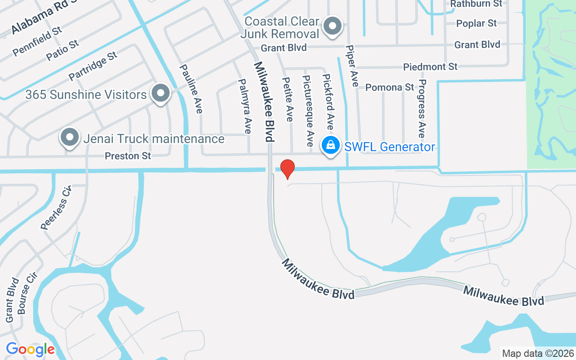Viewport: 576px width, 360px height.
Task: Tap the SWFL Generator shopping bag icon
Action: (331, 145)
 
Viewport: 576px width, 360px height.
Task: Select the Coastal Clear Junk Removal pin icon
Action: (333, 26)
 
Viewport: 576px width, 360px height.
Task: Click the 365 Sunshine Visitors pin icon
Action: (160, 94)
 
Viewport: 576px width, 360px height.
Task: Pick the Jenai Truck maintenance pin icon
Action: (70, 137)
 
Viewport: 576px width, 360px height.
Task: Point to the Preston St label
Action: (128, 156)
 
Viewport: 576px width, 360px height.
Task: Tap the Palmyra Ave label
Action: (244, 106)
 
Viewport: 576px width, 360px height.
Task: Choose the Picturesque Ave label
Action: (308, 111)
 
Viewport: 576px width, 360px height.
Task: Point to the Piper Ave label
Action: (352, 66)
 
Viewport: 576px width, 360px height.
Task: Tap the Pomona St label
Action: (389, 87)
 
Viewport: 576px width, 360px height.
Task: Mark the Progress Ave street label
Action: (421, 108)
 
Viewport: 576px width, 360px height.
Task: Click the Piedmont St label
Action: (430, 67)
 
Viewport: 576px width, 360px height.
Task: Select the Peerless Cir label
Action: (56, 207)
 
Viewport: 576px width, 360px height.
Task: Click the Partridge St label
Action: (93, 66)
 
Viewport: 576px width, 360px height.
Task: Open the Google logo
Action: (30, 349)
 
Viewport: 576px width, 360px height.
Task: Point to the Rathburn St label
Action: (476, 4)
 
